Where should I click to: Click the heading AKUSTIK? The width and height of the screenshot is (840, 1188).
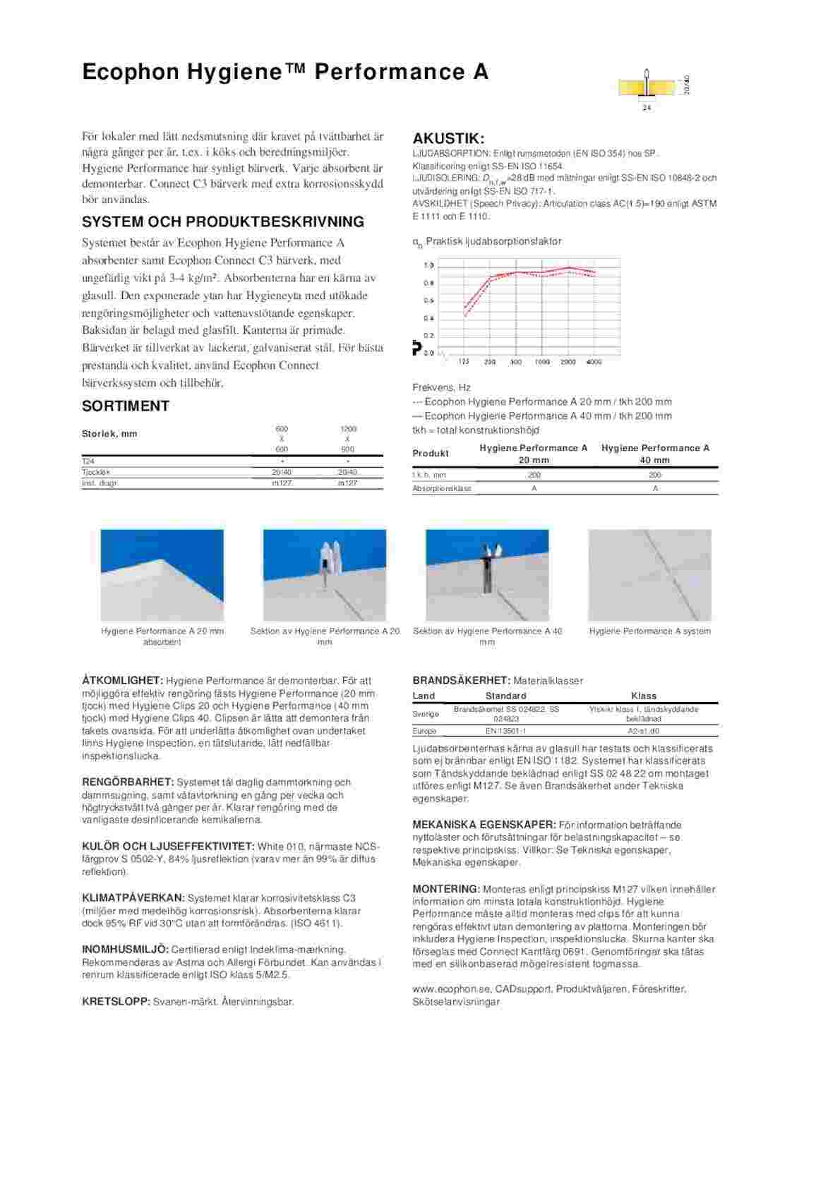(x=448, y=138)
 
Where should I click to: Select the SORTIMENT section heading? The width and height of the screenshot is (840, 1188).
(x=126, y=406)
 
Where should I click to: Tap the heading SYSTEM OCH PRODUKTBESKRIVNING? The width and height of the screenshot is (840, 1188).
(x=223, y=222)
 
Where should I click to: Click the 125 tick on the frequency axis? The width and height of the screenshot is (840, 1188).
(x=464, y=362)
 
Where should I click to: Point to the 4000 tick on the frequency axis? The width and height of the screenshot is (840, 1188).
(x=594, y=362)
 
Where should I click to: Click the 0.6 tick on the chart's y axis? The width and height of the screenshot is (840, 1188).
(x=428, y=301)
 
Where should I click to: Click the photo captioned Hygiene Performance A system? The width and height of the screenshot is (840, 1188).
(x=649, y=575)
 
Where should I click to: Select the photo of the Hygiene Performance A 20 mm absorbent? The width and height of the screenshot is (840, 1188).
(x=162, y=575)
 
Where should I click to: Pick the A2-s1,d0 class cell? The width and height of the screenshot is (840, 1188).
(x=644, y=731)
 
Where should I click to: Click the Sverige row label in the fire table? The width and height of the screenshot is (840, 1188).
(x=425, y=714)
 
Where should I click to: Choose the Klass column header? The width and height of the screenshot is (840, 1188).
(x=644, y=696)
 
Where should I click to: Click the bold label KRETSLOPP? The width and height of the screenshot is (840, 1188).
(x=116, y=1002)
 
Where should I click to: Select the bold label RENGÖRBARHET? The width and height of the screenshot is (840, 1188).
(x=128, y=782)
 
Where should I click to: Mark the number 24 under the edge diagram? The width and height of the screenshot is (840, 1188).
(x=646, y=108)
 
